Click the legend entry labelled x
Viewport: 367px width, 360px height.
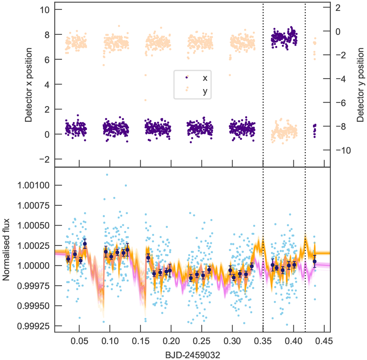pos(205,78)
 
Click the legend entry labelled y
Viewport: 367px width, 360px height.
pos(205,91)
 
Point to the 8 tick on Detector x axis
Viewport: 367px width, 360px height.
pos(46,35)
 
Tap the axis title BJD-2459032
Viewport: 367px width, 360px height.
pos(193,355)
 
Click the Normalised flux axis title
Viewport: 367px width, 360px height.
pos(6,250)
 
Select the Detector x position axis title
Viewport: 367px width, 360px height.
pos(28,85)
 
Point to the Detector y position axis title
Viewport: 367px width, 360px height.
pos(361,85)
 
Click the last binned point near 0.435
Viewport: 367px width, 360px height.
pos(314,261)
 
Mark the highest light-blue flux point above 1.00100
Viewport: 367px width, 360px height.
pos(107,175)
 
